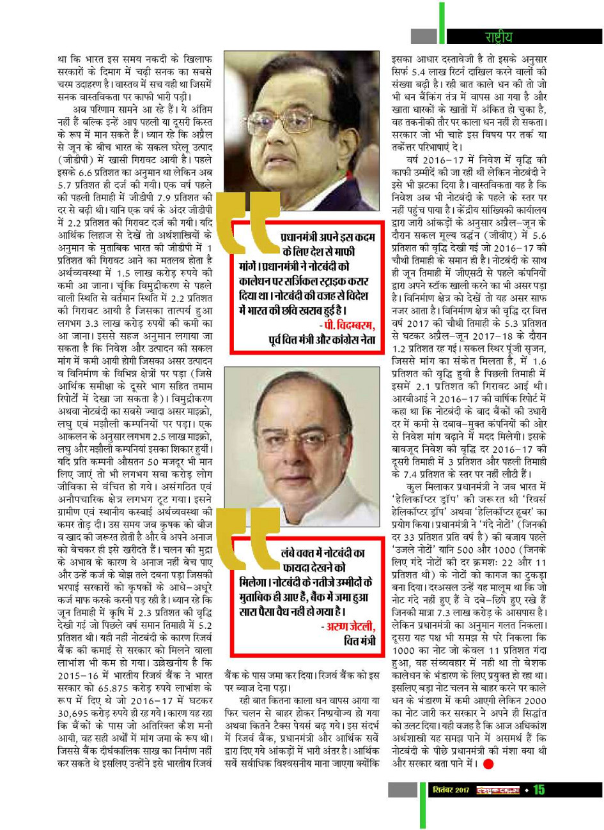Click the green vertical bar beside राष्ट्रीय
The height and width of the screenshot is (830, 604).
[x=442, y=26]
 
